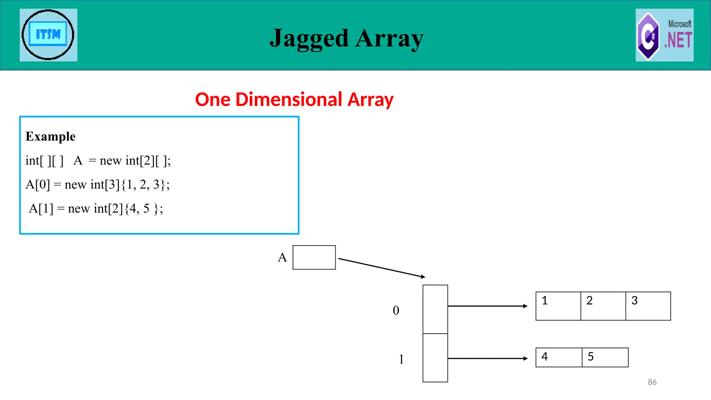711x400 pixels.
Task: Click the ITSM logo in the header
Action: point(48,35)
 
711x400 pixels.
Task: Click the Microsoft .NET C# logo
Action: point(664,35)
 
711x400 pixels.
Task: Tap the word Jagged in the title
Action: point(309,38)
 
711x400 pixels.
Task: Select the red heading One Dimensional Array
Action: point(294,100)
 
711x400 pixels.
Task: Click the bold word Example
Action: point(51,136)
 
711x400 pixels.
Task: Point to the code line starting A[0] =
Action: point(98,184)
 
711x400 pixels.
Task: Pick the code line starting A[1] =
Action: point(96,208)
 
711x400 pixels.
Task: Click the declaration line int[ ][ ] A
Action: point(98,160)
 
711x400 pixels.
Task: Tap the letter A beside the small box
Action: point(282,257)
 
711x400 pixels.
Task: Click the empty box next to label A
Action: point(314,257)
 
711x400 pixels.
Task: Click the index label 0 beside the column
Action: point(396,310)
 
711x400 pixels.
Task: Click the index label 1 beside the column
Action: point(401,359)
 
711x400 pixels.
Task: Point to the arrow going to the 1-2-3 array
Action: point(487,306)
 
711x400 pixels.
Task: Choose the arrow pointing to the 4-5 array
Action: point(487,358)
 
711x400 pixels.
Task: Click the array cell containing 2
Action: point(603,306)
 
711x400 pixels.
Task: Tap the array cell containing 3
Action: point(648,306)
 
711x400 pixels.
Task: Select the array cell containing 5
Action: point(605,357)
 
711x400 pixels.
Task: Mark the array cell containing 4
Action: point(559,357)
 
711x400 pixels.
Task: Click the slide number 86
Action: point(652,382)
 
